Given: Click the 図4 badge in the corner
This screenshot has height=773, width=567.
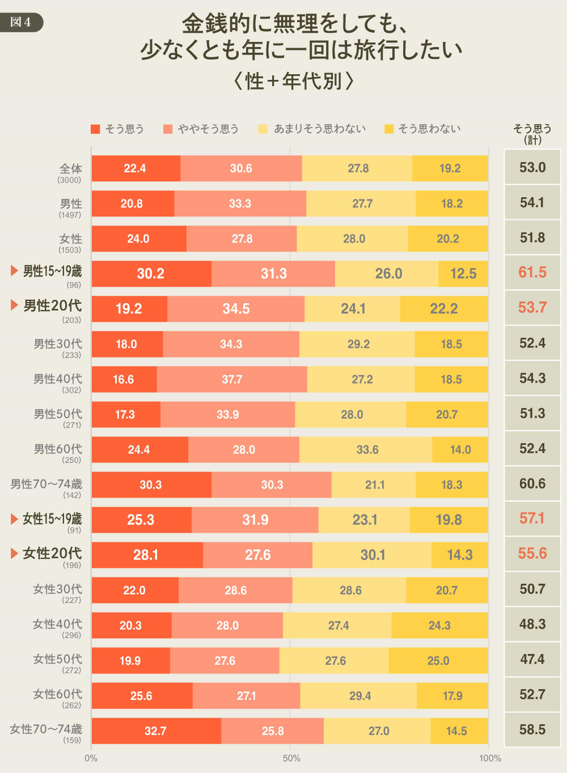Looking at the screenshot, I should (21, 22).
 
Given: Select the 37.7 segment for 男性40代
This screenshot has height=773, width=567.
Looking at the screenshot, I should (232, 379).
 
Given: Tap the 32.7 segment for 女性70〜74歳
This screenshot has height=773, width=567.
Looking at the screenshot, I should (156, 731).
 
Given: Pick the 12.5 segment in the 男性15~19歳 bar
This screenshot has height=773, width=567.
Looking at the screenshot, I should (463, 274).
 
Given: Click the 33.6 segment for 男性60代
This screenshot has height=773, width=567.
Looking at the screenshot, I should (367, 449).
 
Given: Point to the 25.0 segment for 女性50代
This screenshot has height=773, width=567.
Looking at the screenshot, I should (438, 661).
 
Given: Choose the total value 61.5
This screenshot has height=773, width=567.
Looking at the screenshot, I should (532, 273).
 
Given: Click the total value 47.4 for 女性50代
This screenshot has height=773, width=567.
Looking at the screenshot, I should (532, 660).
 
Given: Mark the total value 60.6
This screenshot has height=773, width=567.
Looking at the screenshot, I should (532, 484).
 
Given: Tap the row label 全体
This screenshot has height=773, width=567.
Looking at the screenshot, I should (71, 169).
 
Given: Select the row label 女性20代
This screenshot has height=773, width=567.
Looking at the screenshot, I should (52, 554).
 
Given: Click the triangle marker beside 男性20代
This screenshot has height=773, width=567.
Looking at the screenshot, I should (15, 305).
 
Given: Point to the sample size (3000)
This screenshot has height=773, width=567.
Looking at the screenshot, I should (69, 180).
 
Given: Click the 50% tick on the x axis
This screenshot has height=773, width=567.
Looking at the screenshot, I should (291, 758).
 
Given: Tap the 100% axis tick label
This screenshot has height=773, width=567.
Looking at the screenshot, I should (490, 758).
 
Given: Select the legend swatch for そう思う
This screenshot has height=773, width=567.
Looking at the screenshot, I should (95, 129).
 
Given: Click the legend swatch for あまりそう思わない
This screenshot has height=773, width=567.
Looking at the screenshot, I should (263, 129).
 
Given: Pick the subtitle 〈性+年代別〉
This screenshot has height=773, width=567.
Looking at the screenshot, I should (294, 81).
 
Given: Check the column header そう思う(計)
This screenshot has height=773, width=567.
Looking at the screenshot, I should (532, 134).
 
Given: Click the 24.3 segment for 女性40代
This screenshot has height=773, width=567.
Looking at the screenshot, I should (439, 626).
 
